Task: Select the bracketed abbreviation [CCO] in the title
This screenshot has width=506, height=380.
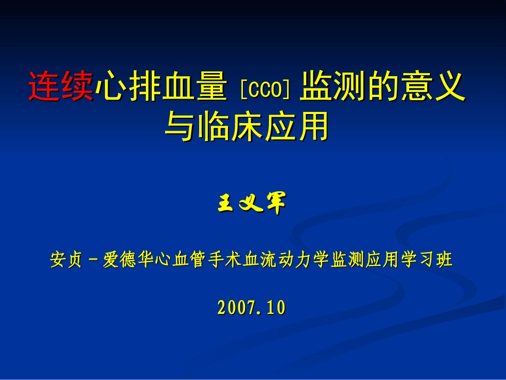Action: (264, 88)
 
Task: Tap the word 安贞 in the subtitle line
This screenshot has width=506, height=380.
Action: (66, 260)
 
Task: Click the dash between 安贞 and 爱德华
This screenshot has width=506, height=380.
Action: (93, 261)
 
